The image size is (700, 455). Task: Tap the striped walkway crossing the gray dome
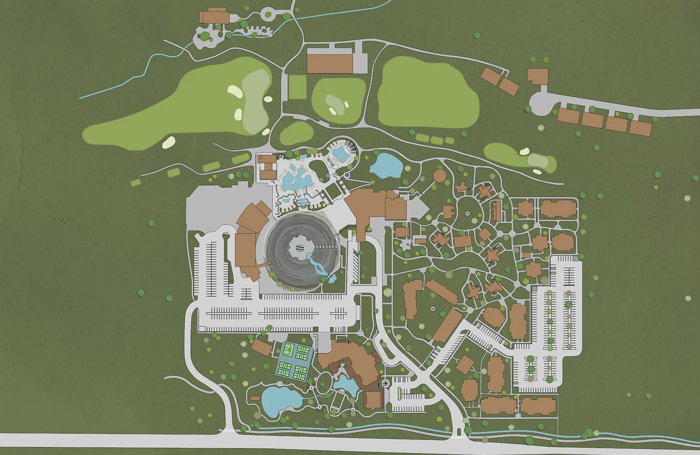tap(326, 246)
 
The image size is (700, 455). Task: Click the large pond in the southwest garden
tap(278, 401)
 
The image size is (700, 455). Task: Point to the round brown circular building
tap(439, 175)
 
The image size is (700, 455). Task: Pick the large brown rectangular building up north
tap(330, 63)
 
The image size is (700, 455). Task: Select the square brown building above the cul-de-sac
tap(538, 76)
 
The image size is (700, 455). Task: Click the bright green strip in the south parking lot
tap(399, 393)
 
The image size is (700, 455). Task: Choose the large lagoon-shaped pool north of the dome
tap(297, 178)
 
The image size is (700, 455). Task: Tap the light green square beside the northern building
tap(297, 88)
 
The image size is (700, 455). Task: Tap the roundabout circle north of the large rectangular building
tap(268, 13)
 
